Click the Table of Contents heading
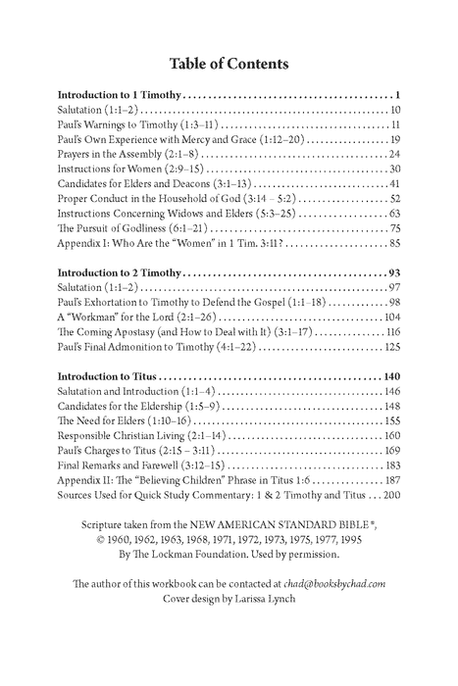pyautogui.click(x=229, y=65)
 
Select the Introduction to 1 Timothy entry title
pyautogui.click(x=119, y=95)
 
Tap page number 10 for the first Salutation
pyautogui.click(x=393, y=111)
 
